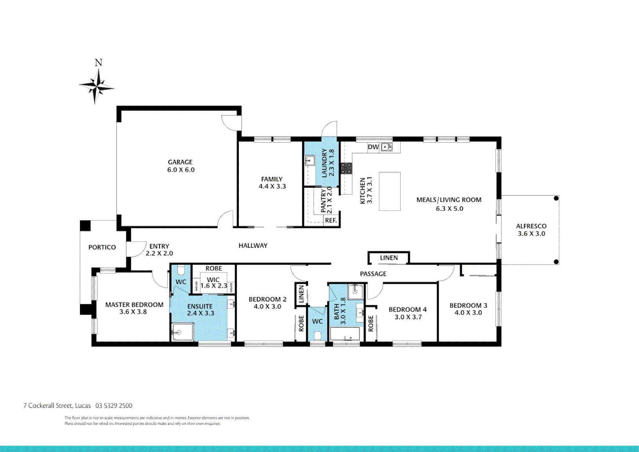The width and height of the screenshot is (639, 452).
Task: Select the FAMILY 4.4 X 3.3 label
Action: pos(272,183)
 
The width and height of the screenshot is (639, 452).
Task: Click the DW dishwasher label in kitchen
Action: pos(373,147)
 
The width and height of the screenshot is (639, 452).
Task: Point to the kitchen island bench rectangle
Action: pos(389,191)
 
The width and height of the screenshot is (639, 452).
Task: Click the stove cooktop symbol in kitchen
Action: pos(346,168)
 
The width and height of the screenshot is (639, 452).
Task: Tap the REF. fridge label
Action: pos(331,220)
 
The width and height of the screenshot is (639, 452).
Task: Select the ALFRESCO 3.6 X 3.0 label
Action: pos(531,230)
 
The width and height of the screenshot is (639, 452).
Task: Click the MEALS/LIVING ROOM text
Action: pos(449,200)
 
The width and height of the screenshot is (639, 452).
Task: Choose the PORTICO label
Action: pos(102,247)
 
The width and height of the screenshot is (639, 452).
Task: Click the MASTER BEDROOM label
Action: pos(134,305)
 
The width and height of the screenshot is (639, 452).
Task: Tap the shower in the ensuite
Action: pos(182,332)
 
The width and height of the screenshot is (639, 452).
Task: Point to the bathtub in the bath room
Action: pos(345,335)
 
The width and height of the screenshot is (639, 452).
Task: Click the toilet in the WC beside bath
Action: pos(317,335)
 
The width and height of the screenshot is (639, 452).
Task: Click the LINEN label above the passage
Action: pos(389,258)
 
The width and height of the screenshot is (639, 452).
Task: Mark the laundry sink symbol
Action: pos(309,160)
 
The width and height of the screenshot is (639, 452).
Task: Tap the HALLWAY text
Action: pos(253,246)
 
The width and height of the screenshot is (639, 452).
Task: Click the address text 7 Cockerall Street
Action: pos(57,406)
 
